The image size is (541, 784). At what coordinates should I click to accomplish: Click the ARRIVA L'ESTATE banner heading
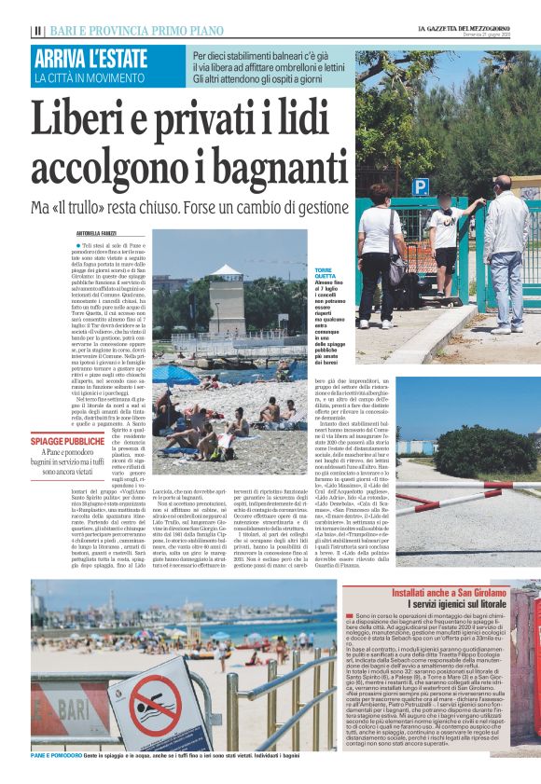[90, 58]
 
